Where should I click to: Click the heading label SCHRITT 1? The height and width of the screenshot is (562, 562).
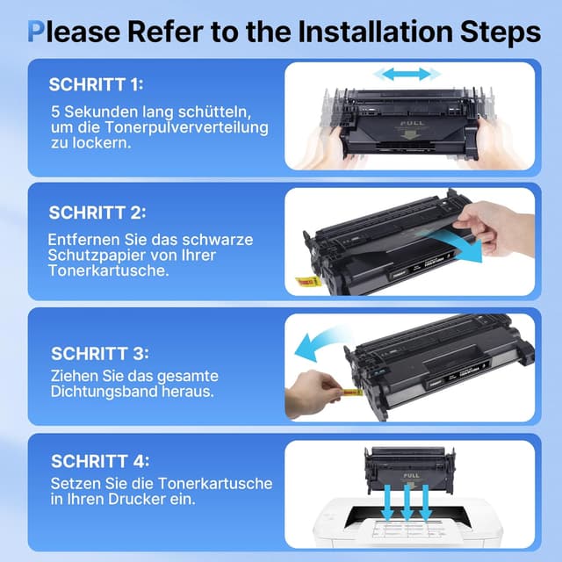[x=96, y=85]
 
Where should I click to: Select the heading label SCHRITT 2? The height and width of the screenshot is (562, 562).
[x=97, y=213]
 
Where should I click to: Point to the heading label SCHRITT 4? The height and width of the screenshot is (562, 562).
[x=98, y=460]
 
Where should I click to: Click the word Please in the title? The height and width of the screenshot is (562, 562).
[x=80, y=32]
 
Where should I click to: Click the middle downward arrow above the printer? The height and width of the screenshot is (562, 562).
[x=406, y=502]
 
